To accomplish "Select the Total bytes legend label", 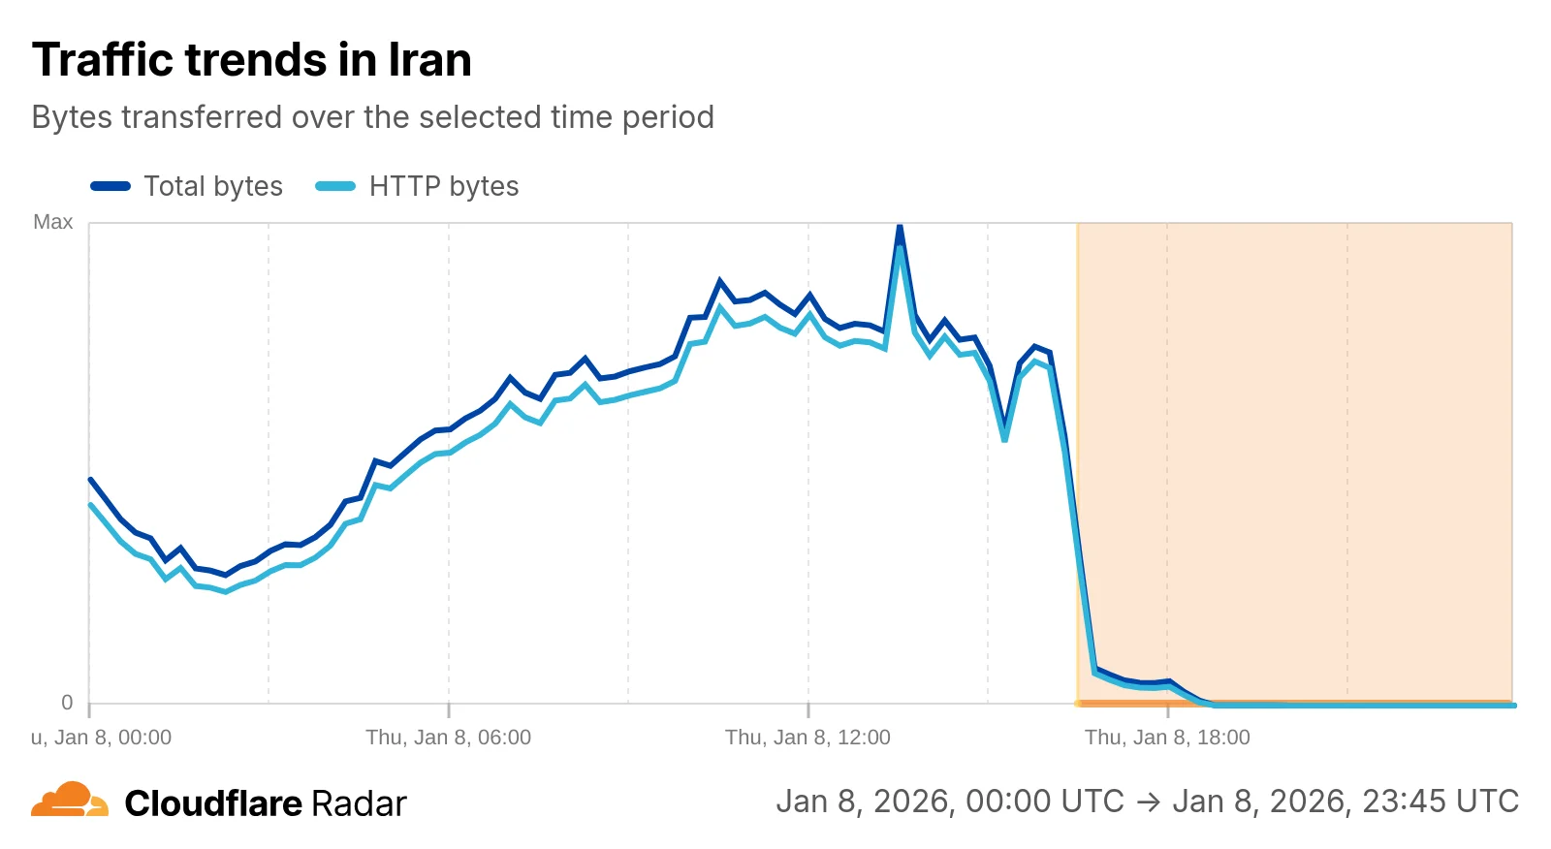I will click(x=213, y=186).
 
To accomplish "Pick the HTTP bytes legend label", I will click(x=444, y=186).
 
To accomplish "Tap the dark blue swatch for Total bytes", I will click(x=111, y=186).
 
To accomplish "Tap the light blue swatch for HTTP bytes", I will click(x=335, y=186).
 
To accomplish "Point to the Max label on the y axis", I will click(x=53, y=222).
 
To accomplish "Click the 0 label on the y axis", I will click(x=67, y=703).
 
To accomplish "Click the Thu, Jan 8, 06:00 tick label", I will click(x=448, y=738).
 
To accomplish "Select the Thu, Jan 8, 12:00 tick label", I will click(x=807, y=738).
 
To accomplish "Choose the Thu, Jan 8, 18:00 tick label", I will click(x=1167, y=738).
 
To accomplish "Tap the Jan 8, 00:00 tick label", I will click(x=102, y=738).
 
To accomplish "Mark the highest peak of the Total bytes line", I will click(x=900, y=228).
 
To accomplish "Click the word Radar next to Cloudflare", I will click(x=359, y=803).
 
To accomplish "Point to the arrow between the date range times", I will click(x=1148, y=802).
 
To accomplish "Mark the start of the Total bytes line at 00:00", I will click(x=90, y=479).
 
